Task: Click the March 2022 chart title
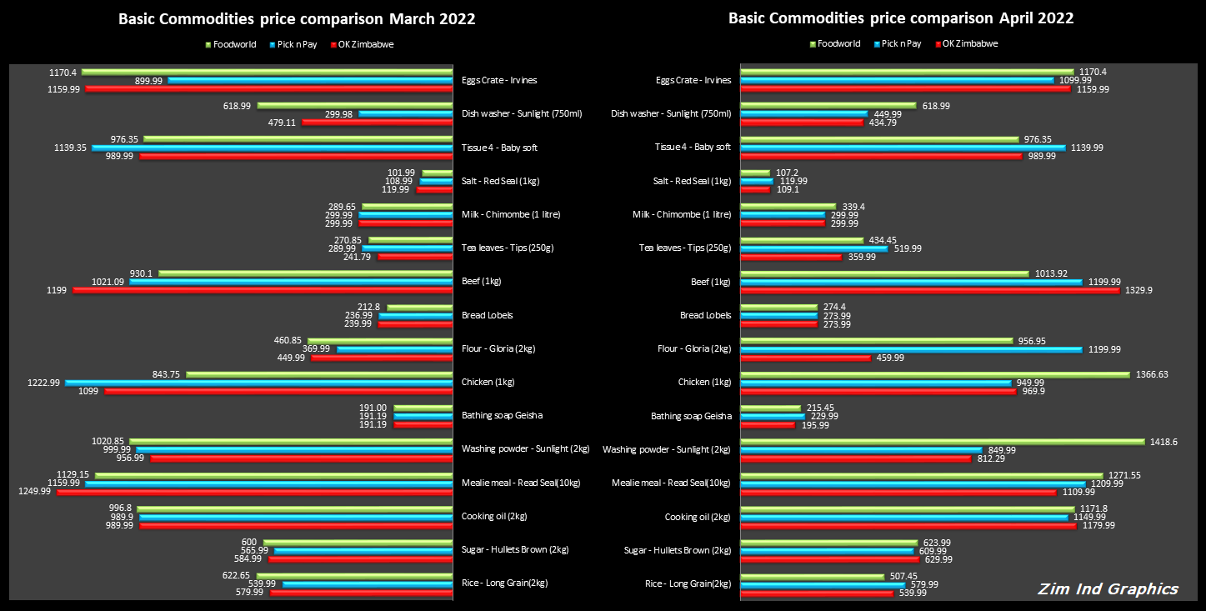click(297, 18)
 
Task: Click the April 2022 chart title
click(901, 18)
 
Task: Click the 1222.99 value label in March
click(43, 382)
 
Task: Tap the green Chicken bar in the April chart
click(934, 374)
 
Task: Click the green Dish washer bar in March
click(355, 105)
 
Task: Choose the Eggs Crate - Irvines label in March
click(499, 80)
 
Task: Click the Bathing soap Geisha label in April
click(691, 416)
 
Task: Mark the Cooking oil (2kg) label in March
click(494, 516)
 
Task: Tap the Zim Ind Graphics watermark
click(1108, 589)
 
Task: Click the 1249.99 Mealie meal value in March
click(34, 492)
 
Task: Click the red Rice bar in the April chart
click(817, 593)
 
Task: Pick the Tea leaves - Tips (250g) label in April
click(684, 248)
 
